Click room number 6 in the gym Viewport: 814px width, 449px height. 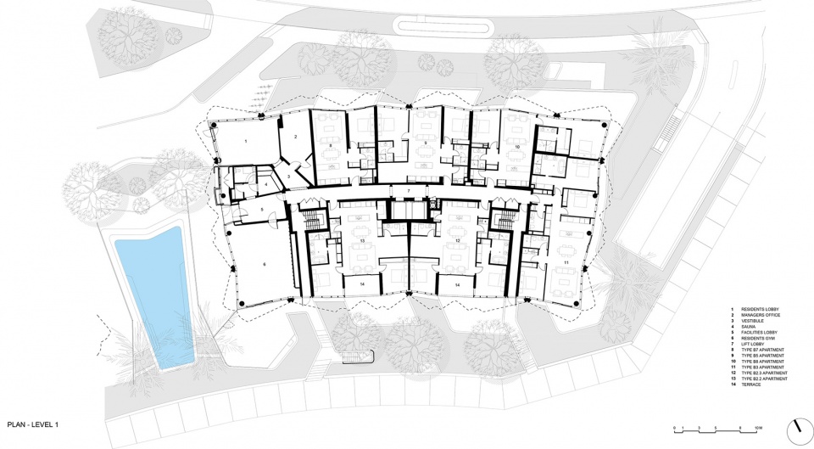point(265,266)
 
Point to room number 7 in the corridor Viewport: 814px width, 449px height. point(408,191)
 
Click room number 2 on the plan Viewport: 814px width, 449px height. point(295,136)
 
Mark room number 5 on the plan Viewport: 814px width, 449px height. point(264,209)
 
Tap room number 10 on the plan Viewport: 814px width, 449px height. point(516,147)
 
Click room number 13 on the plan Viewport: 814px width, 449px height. point(362,242)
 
